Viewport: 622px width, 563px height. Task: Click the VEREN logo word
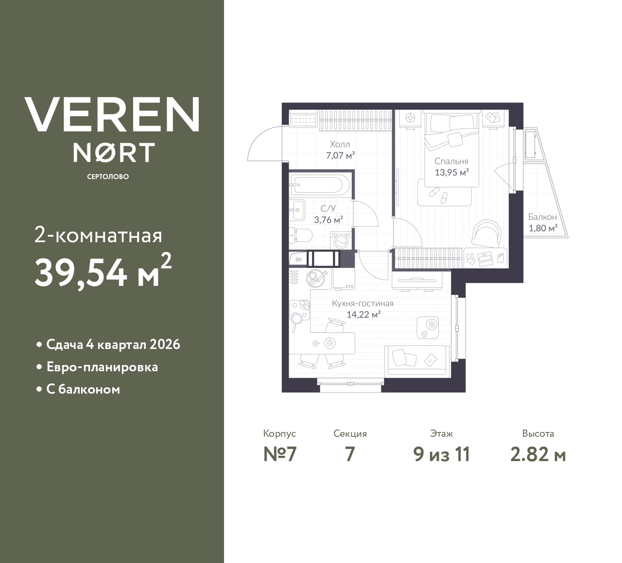112,114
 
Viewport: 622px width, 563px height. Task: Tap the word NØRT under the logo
114,152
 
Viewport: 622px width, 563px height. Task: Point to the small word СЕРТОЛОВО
108,177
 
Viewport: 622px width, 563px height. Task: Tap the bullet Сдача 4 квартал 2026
113,345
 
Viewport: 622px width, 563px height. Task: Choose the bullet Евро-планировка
102,367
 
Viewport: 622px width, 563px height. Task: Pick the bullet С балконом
83,389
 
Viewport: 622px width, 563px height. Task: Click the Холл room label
340,145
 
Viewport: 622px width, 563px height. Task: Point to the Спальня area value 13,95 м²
451,172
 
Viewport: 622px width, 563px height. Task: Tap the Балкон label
542,217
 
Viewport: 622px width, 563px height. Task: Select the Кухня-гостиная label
363,303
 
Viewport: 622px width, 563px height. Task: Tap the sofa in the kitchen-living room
416,360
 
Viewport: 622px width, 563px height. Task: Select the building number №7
279,454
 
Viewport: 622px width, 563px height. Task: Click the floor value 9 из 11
441,454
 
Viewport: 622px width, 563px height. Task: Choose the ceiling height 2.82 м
538,454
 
